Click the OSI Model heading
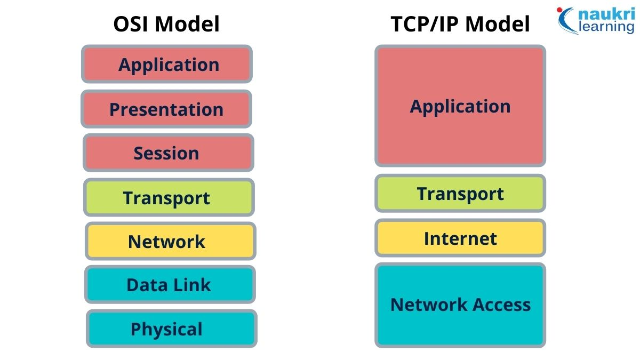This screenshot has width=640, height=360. pos(166,25)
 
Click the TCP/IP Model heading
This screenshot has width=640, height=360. pos(460,25)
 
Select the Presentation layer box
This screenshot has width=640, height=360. pos(166,109)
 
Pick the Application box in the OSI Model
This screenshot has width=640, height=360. pos(167,65)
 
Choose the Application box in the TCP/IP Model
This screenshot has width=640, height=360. pos(460,106)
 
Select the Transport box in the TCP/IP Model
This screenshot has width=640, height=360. pos(460,194)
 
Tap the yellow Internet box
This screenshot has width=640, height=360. pos(460,238)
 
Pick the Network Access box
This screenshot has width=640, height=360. pos(460,305)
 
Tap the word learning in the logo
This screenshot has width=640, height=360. pos(606,27)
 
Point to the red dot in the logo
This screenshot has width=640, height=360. pos(559,10)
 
